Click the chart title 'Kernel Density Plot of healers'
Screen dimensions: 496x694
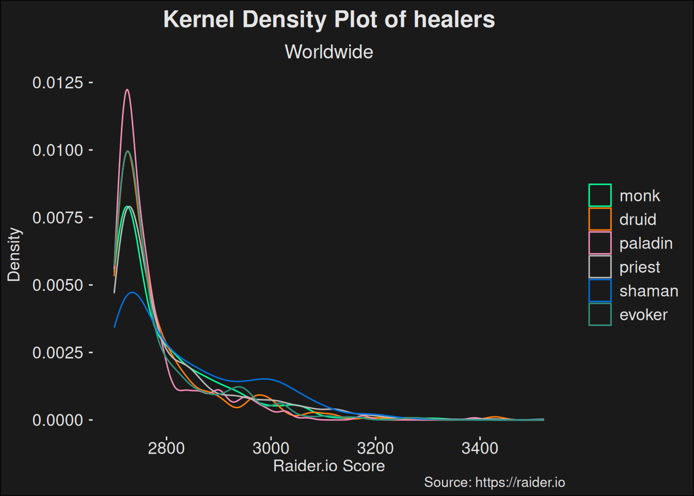(x=329, y=20)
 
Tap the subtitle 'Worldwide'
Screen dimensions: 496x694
(x=329, y=52)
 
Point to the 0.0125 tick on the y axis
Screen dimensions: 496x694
(x=58, y=83)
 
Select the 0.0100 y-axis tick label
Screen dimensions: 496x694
(x=58, y=150)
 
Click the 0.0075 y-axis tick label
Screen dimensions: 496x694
(x=58, y=218)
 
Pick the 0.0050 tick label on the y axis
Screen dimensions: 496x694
(x=58, y=285)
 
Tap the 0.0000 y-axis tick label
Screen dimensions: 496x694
(x=58, y=421)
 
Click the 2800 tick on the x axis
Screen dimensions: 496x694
(x=166, y=448)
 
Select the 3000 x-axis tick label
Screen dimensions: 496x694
(x=271, y=448)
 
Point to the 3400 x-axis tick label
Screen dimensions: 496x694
(x=480, y=448)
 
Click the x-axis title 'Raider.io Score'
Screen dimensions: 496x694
(x=329, y=466)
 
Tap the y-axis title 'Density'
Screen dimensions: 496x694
(x=14, y=255)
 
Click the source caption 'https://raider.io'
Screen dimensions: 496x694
(x=520, y=483)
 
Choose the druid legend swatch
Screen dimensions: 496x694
(x=600, y=219)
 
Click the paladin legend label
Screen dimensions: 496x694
(x=646, y=243)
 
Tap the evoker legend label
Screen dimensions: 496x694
(x=643, y=315)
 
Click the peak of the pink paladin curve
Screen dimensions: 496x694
(x=127, y=90)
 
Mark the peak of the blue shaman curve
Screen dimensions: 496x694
(x=133, y=292)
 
